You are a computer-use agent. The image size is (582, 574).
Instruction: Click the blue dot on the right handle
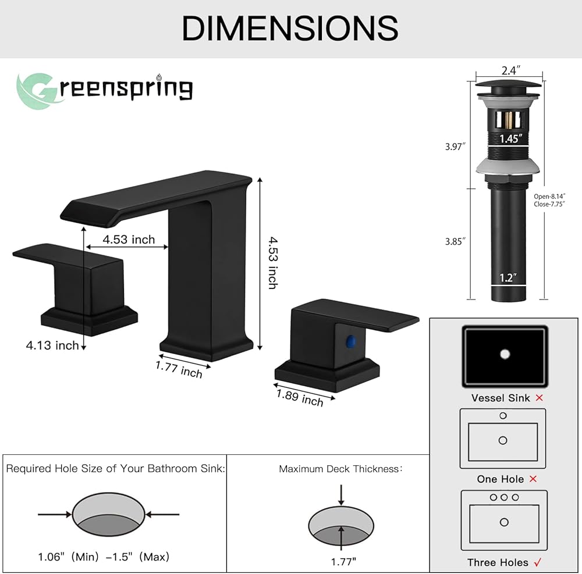tap(350, 341)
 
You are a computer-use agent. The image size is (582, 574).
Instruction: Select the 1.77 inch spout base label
tap(179, 369)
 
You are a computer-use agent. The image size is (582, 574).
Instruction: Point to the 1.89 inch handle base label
tap(300, 398)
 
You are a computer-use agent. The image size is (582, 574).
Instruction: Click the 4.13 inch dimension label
tap(52, 345)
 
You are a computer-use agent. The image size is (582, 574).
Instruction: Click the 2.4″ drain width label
tap(511, 70)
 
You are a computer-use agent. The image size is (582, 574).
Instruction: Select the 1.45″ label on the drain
tap(510, 138)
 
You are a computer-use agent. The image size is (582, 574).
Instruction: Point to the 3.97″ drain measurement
tap(455, 147)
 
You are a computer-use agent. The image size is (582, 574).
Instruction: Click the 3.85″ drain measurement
tap(455, 241)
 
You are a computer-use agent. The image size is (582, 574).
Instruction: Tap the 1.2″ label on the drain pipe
tap(508, 277)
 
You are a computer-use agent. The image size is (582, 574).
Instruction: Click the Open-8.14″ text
tap(549, 197)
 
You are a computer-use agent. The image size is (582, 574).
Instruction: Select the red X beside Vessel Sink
tap(540, 398)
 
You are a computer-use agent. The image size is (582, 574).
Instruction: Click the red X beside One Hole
tap(533, 479)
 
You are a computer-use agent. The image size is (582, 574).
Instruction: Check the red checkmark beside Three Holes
tap(537, 562)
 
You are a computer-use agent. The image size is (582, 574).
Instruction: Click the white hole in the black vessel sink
tap(505, 354)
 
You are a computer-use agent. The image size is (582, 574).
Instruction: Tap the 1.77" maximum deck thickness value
tap(343, 562)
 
